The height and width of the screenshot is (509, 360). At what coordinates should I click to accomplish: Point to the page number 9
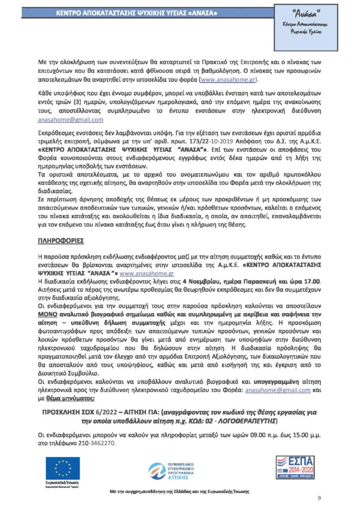coord(319,498)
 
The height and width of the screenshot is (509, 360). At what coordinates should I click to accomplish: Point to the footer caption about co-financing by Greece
coord(180,492)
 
